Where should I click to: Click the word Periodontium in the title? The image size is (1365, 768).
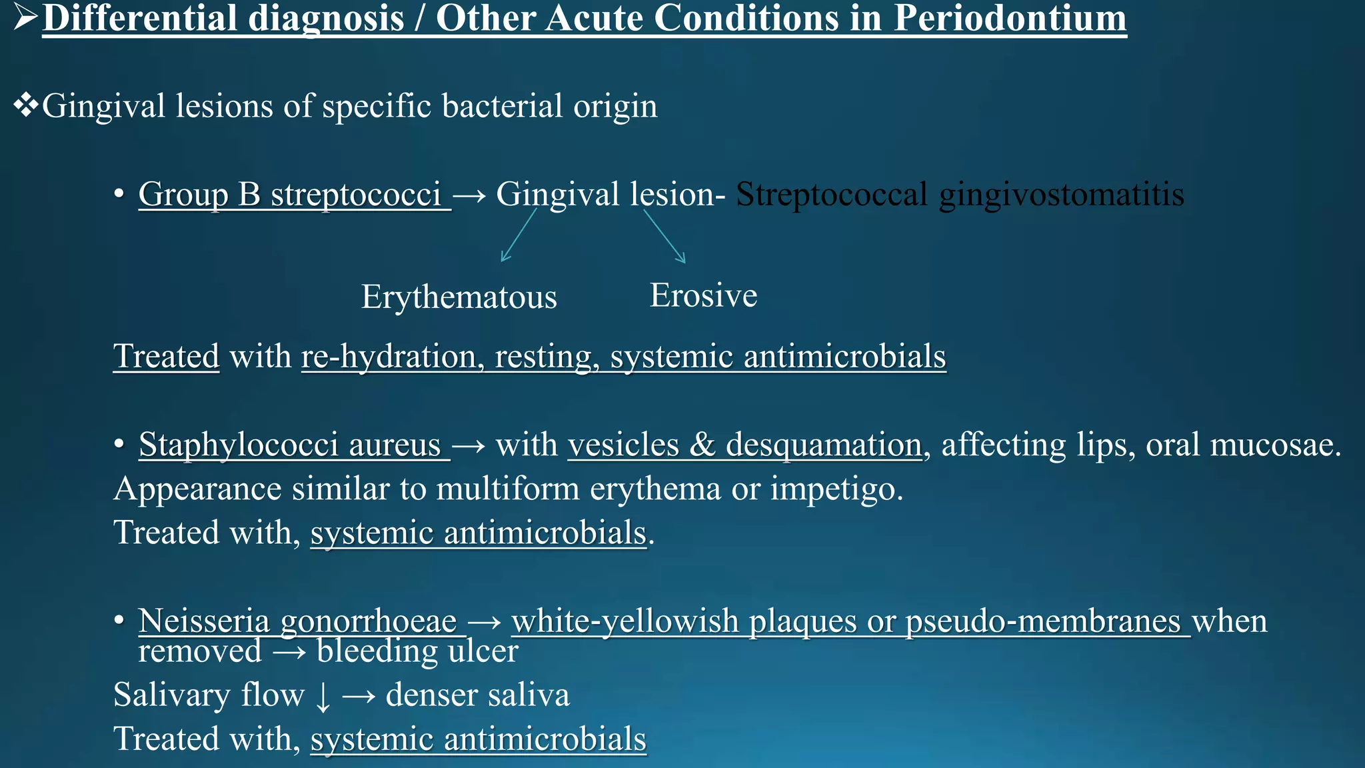coord(1009,19)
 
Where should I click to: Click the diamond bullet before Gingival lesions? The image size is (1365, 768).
coord(25,105)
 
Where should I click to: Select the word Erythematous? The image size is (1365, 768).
coord(459,297)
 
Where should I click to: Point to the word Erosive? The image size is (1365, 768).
coord(703,295)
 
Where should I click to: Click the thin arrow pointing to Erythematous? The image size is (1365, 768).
coord(518,235)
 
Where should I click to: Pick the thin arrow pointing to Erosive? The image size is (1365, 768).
coord(665,236)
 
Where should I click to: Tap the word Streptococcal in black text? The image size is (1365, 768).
coord(831,195)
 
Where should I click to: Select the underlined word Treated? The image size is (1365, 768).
coord(166,356)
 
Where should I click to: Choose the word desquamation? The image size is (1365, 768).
coord(823,445)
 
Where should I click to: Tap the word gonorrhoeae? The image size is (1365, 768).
coord(369,622)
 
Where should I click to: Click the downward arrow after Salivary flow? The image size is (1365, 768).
coord(323,697)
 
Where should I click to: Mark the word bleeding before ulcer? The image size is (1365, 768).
coord(377,651)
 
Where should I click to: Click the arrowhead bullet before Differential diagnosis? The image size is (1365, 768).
coord(25,19)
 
